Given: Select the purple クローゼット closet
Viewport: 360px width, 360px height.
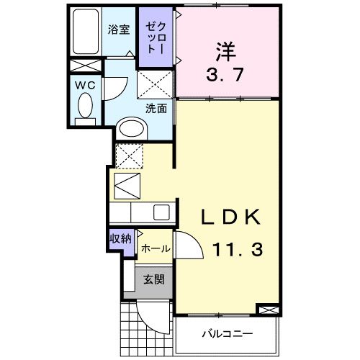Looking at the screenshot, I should click(156, 37).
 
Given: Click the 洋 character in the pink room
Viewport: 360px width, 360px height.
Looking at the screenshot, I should click(225, 51).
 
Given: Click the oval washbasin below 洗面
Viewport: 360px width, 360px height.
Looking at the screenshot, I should click(132, 128).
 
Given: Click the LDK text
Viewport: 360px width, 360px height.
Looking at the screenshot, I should click(229, 218).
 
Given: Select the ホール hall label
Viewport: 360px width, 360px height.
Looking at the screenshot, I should click(155, 248).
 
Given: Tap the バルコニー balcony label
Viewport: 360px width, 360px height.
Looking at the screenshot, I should click(226, 335).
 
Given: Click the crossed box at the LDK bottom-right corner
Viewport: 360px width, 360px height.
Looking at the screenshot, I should click(267, 309).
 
